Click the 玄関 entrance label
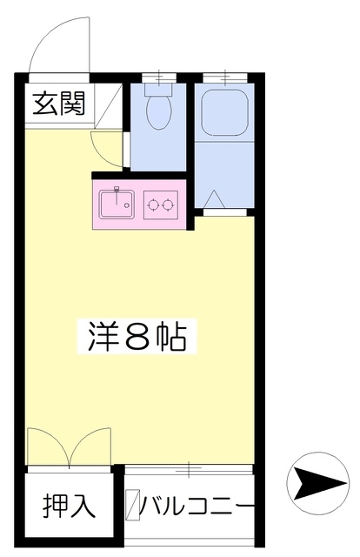[x=59, y=105]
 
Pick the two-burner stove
[x=161, y=205]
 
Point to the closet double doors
[x=69, y=448]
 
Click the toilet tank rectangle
[x=159, y=87]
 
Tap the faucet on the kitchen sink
[x=115, y=191]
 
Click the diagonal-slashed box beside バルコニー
[x=132, y=505]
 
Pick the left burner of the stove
[x=154, y=205]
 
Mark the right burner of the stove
[x=169, y=205]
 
